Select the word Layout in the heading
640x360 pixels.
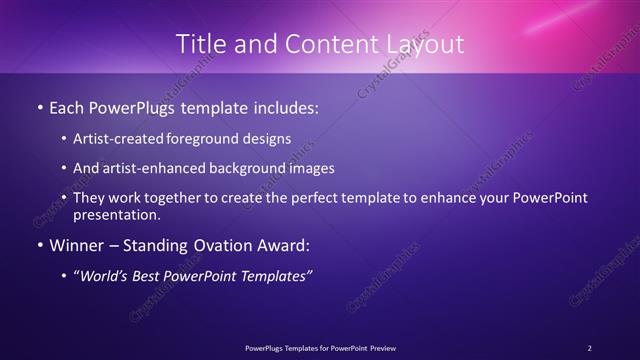(424, 44)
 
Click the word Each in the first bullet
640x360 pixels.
(68, 105)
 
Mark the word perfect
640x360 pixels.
(322, 198)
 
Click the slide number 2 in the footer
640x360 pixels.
(590, 348)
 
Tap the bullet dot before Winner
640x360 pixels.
(38, 244)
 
